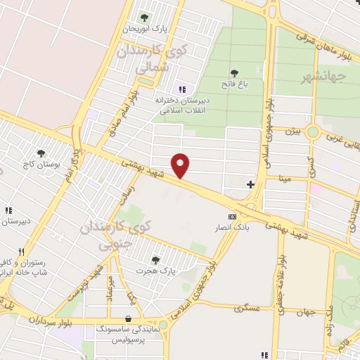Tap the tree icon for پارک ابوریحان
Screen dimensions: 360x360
coord(145,17)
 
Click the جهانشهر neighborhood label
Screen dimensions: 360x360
coord(329,76)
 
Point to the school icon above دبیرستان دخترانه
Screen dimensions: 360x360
coord(182,89)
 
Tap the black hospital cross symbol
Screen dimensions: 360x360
coord(250,184)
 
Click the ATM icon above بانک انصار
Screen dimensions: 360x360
coord(231,217)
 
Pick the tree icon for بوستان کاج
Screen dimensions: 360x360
coord(41,153)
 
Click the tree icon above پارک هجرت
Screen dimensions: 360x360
coord(155,259)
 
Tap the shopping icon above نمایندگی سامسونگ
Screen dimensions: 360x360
coord(127,318)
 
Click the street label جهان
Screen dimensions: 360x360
coord(304,312)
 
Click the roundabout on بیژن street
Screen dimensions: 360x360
coord(314,131)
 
